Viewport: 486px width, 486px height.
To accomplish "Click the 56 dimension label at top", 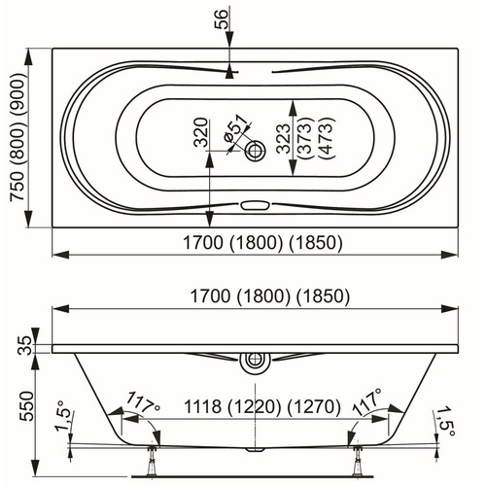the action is [x=222, y=19].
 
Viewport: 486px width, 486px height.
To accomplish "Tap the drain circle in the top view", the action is [x=255, y=151].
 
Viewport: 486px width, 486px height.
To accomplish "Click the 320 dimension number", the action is [x=200, y=132].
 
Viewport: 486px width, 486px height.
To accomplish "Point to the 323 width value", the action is [x=284, y=138].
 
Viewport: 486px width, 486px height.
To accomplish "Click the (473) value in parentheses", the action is [x=326, y=138].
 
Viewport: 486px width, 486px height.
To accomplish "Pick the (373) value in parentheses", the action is [x=305, y=138].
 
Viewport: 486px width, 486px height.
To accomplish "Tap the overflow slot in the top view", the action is [x=255, y=205].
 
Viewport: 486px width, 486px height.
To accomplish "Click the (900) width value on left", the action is [x=17, y=93].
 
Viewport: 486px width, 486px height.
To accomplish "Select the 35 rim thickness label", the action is [x=26, y=346].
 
